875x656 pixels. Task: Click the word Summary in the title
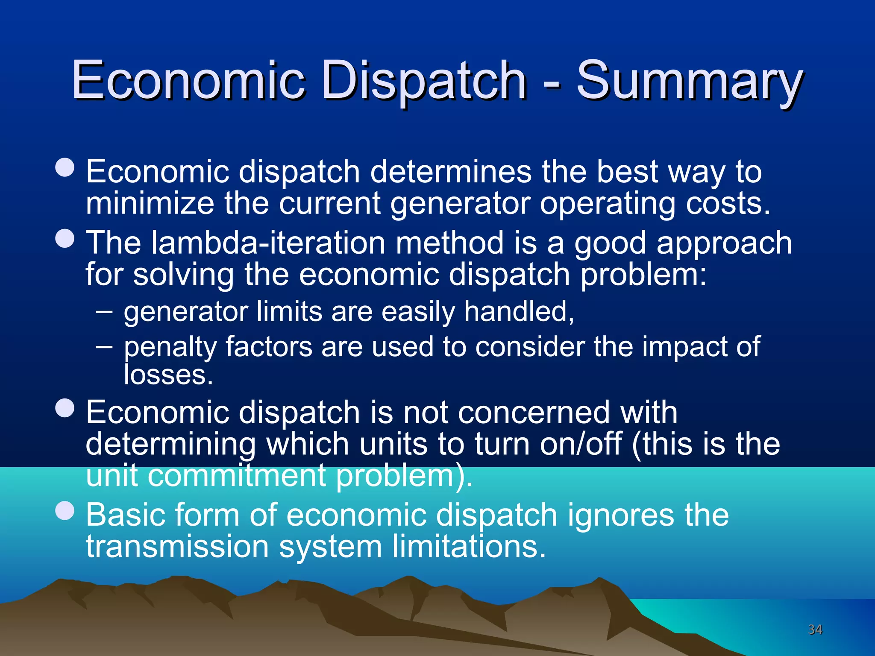(x=689, y=81)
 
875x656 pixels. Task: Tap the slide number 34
(x=815, y=630)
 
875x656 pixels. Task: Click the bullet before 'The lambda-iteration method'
(x=65, y=238)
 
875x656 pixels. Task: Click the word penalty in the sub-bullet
(x=170, y=347)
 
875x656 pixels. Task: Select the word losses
(x=168, y=375)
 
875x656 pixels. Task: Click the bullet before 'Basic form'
(x=65, y=510)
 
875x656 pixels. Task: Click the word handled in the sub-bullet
(x=519, y=312)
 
